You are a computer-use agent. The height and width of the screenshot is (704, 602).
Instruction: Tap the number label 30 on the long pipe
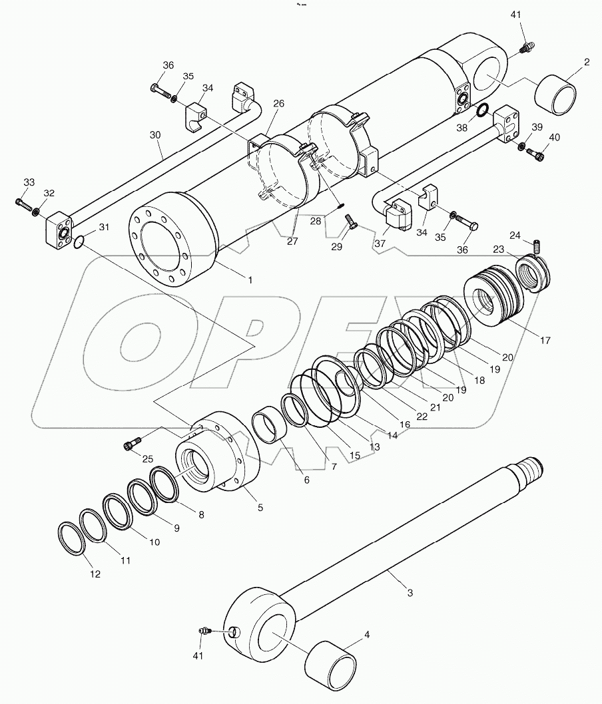[155, 134]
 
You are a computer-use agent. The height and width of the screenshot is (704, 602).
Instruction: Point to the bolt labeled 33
[25, 204]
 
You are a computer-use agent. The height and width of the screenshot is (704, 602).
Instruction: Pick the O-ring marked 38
[483, 110]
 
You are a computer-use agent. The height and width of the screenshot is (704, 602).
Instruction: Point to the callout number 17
[545, 341]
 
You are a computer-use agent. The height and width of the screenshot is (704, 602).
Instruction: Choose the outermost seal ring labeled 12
[70, 538]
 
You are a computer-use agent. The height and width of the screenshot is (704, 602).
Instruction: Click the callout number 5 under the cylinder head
[260, 507]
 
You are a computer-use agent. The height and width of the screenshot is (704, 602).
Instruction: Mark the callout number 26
[278, 103]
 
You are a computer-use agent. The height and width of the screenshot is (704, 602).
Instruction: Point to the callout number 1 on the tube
[250, 280]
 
